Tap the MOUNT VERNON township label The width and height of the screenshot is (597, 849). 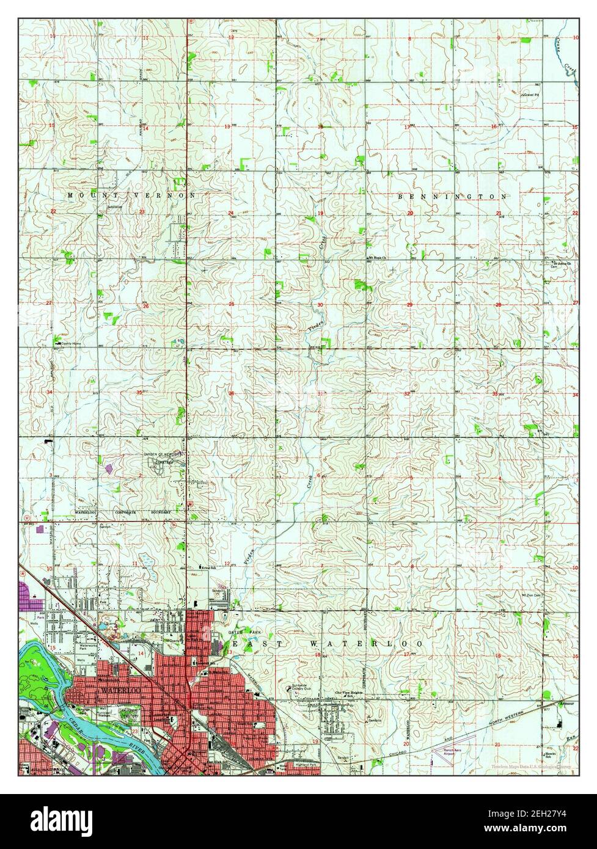click(131, 195)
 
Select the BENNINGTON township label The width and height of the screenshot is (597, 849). click(452, 197)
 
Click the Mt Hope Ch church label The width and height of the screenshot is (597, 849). click(379, 258)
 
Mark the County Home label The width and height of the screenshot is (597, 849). click(70, 344)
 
